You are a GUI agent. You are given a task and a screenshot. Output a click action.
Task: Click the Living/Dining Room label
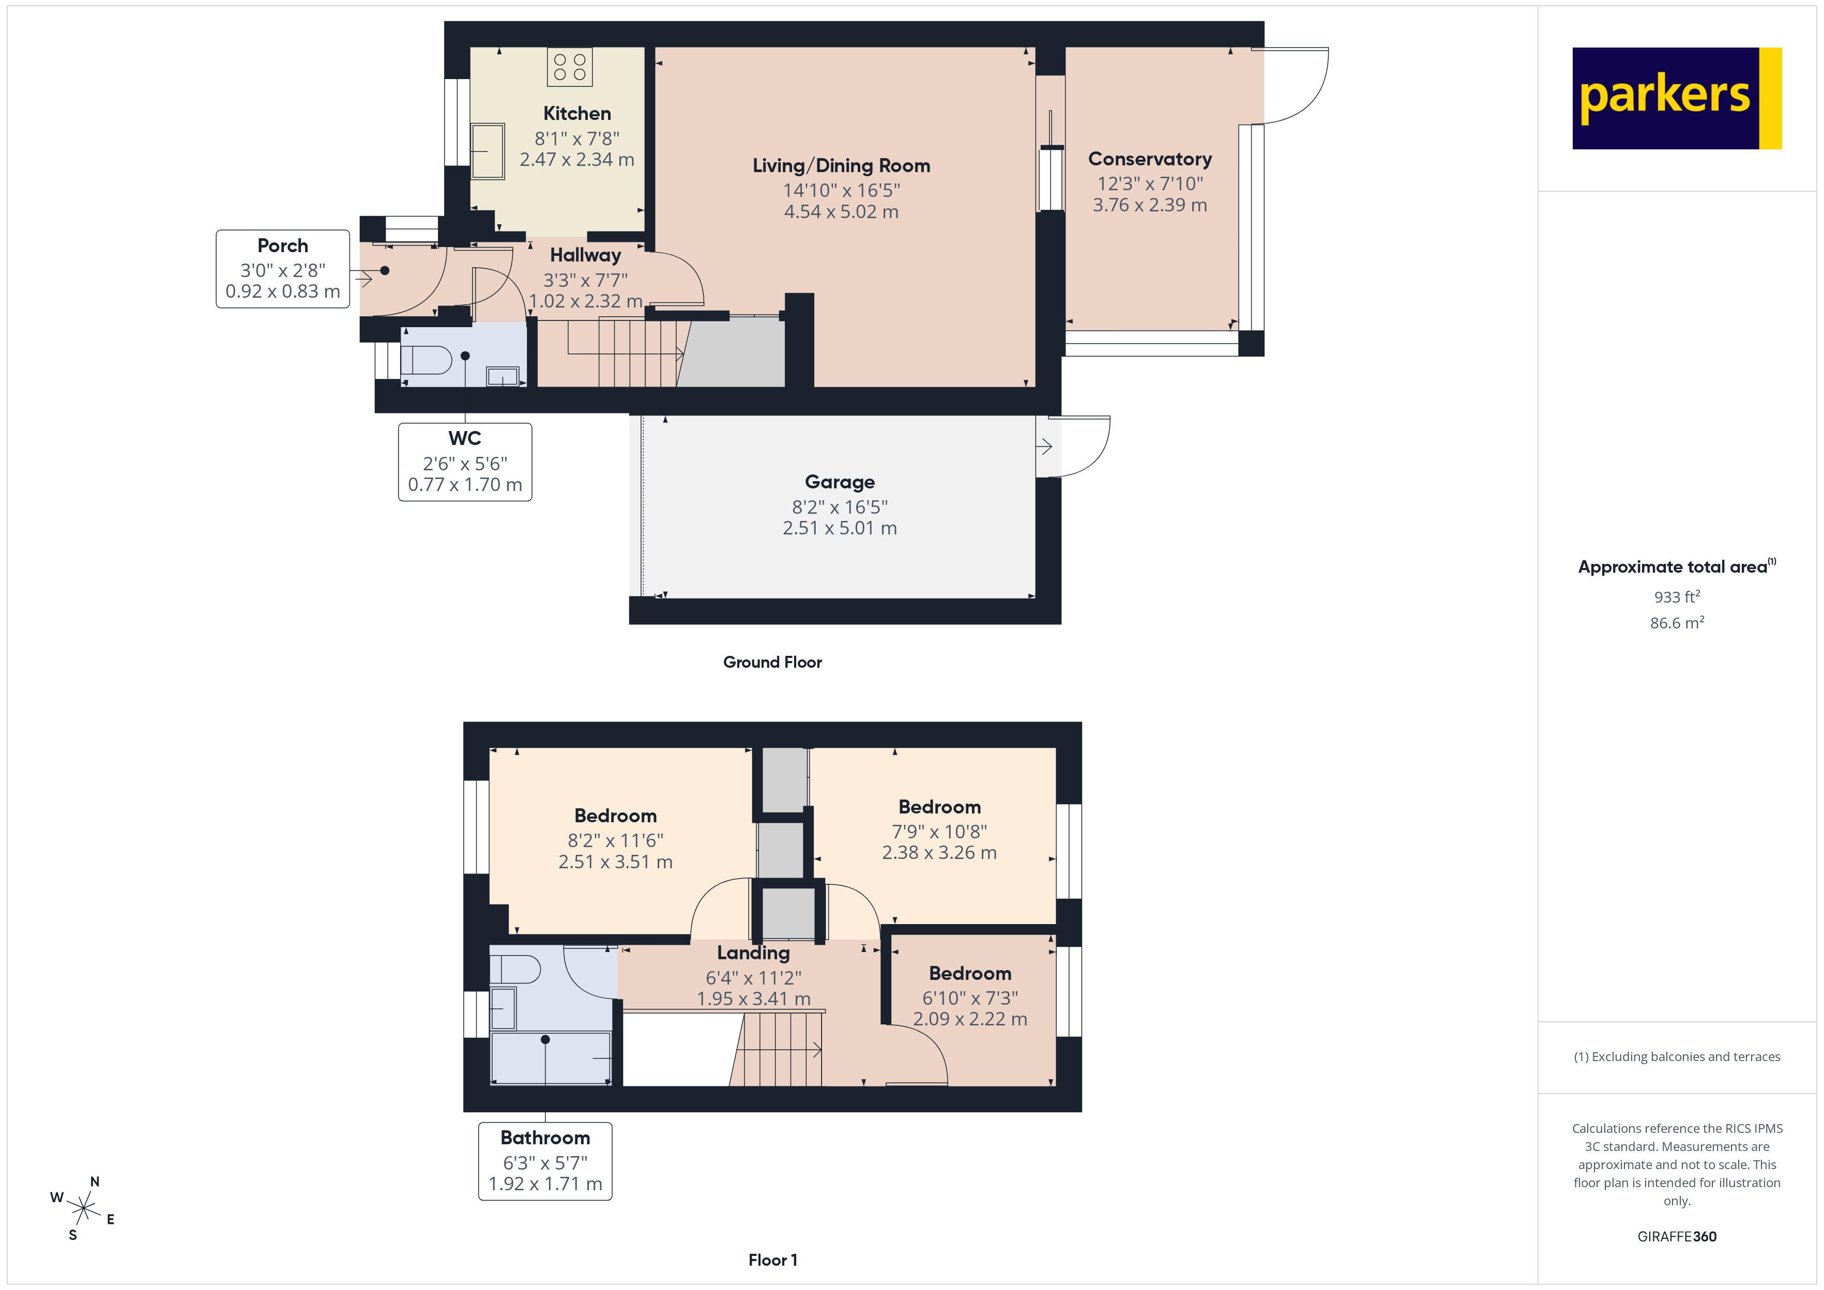tap(841, 165)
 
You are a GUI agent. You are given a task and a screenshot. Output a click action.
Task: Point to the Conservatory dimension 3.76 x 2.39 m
tap(1149, 205)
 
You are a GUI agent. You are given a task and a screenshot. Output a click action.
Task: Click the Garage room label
tap(839, 482)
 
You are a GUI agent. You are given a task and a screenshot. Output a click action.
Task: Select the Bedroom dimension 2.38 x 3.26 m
tap(938, 852)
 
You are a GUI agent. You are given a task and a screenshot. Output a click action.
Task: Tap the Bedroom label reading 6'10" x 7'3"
tap(969, 973)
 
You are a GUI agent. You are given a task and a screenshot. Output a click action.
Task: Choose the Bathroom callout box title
tap(545, 1138)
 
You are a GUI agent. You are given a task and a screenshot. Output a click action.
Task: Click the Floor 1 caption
tap(772, 1260)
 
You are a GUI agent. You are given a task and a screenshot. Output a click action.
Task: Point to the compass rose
tap(83, 1208)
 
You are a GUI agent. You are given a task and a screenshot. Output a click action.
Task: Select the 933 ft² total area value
tap(1676, 596)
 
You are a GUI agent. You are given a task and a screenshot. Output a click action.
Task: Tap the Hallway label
tap(585, 255)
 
